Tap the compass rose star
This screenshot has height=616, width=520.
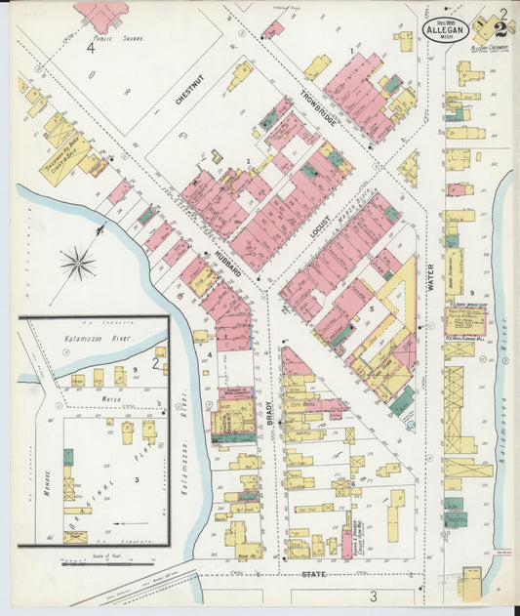coord(77,263)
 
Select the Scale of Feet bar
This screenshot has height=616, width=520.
coord(107,563)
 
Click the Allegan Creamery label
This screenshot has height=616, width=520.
coord(485,47)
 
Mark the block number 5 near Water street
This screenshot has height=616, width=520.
coord(371,308)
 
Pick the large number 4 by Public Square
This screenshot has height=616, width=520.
coord(90,46)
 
